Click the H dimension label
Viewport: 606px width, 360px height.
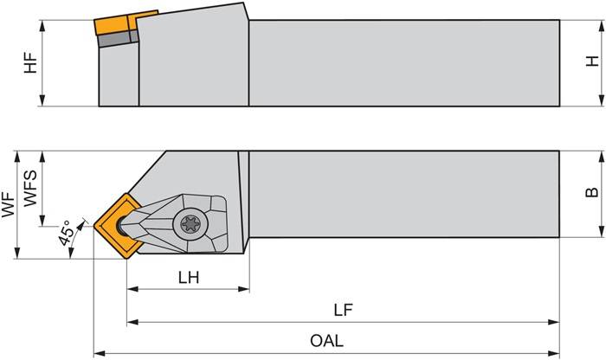(591, 61)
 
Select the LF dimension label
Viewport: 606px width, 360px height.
(343, 309)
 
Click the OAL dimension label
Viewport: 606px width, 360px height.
(326, 341)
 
